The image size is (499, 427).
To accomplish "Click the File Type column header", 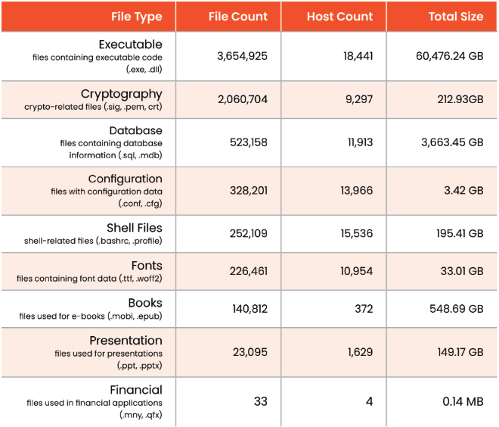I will [x=136, y=17].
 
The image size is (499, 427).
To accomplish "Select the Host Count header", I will [x=339, y=17].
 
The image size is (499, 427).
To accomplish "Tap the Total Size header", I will [x=455, y=17].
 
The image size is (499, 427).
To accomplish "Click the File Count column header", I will [x=238, y=17].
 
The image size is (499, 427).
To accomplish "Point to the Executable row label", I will [x=130, y=44].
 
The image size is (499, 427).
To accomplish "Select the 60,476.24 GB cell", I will [x=449, y=56].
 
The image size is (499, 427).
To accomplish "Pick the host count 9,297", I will [x=357, y=99].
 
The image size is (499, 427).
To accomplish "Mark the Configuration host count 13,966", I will [x=356, y=191].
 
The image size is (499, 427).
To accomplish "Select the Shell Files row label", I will [x=134, y=227].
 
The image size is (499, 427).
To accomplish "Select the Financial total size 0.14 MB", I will [x=464, y=401].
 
